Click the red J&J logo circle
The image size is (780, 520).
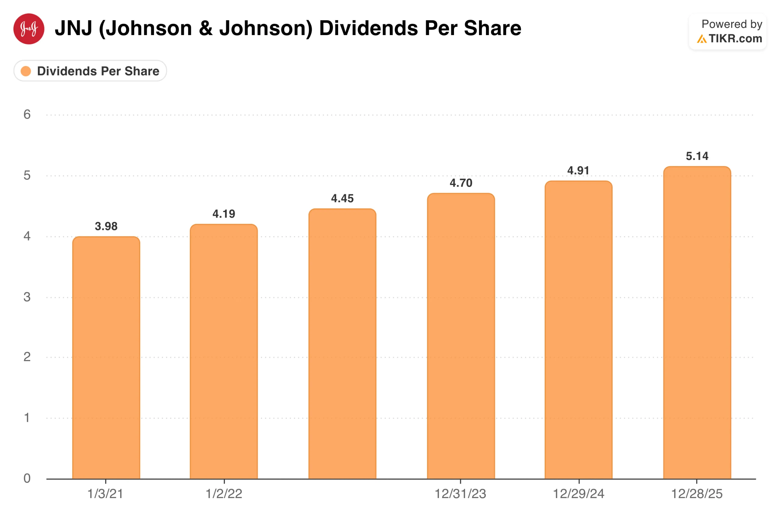click(29, 29)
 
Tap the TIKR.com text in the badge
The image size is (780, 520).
click(735, 38)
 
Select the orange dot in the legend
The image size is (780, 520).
click(26, 71)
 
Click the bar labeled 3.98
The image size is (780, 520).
click(106, 358)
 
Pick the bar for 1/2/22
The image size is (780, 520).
click(224, 352)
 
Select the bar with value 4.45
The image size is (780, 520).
click(342, 345)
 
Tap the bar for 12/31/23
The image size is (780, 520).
click(461, 337)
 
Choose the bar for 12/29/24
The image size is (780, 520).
click(579, 330)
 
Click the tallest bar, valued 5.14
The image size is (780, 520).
click(697, 323)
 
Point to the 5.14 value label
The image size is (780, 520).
click(697, 156)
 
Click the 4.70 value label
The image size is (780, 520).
click(461, 183)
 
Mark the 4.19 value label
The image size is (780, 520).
click(224, 214)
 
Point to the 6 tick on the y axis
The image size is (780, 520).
click(27, 115)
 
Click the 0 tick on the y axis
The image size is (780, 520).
click(27, 478)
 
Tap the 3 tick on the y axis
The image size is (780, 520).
click(27, 297)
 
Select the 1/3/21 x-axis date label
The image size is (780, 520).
click(105, 494)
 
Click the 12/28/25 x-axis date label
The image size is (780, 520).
click(697, 494)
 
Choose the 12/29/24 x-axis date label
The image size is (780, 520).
click(579, 494)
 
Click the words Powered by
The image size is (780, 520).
click(732, 24)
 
